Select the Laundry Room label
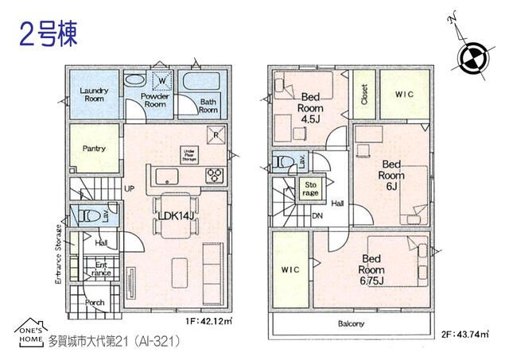click(x=94, y=95)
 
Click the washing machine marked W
click(x=161, y=80)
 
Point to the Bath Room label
click(x=208, y=106)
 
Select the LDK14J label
click(x=177, y=214)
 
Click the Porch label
click(x=95, y=302)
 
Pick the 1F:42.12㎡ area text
click(x=208, y=321)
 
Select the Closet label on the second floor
click(x=362, y=95)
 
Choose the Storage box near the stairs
click(x=310, y=188)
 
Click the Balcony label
click(x=350, y=323)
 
